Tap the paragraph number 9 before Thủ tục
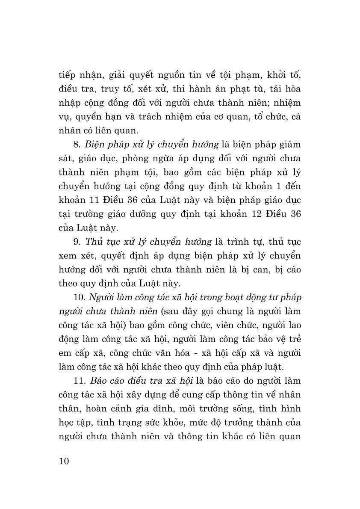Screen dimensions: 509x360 point(75,242)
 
